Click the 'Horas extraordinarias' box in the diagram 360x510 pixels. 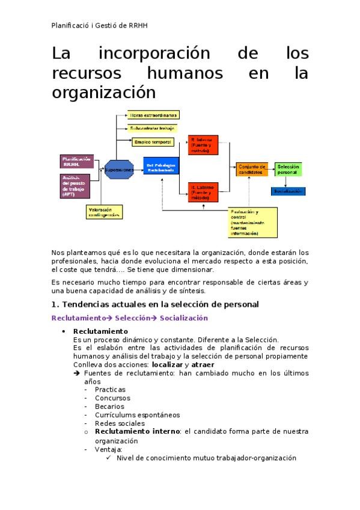[x=153, y=115]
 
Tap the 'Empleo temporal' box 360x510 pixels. [x=153, y=143]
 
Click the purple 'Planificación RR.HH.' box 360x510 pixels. [x=76, y=161]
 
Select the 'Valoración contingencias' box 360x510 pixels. [x=105, y=212]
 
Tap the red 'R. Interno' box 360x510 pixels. [x=203, y=144]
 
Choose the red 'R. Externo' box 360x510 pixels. [x=203, y=191]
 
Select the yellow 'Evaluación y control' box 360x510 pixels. [x=252, y=223]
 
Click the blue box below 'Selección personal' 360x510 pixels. [x=288, y=191]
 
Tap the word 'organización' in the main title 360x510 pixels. [x=103, y=93]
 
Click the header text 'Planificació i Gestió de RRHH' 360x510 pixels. [x=100, y=25]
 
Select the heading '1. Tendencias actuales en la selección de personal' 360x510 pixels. [x=155, y=304]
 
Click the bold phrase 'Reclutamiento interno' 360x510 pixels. [x=138, y=431]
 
